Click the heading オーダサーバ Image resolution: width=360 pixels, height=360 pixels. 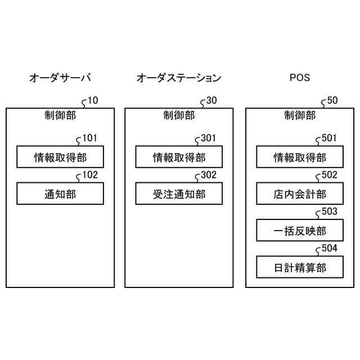[60, 78]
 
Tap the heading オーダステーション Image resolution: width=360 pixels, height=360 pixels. [178, 78]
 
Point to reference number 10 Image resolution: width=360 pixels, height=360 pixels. [93, 101]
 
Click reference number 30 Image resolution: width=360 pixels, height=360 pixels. [211, 101]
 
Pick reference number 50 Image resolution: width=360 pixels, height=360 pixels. [332, 101]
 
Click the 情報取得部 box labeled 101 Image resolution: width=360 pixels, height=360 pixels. [60, 157]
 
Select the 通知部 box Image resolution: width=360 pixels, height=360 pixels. [60, 194]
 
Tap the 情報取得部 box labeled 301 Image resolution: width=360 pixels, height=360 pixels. [179, 157]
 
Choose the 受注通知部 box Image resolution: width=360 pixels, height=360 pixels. [179, 194]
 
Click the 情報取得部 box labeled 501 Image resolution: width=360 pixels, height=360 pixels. [300, 157]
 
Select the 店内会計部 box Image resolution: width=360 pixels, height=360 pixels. [300, 194]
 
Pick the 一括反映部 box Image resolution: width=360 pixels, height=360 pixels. [300, 231]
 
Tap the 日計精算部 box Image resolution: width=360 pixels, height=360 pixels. [300, 267]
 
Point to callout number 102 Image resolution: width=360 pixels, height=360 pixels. [90, 175]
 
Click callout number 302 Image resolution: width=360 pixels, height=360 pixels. [209, 175]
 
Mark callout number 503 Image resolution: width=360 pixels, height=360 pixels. [330, 211]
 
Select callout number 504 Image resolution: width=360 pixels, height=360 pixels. [330, 249]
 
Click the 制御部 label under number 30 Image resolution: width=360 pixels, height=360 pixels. [179, 116]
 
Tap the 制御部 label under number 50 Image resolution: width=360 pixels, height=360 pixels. [300, 116]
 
